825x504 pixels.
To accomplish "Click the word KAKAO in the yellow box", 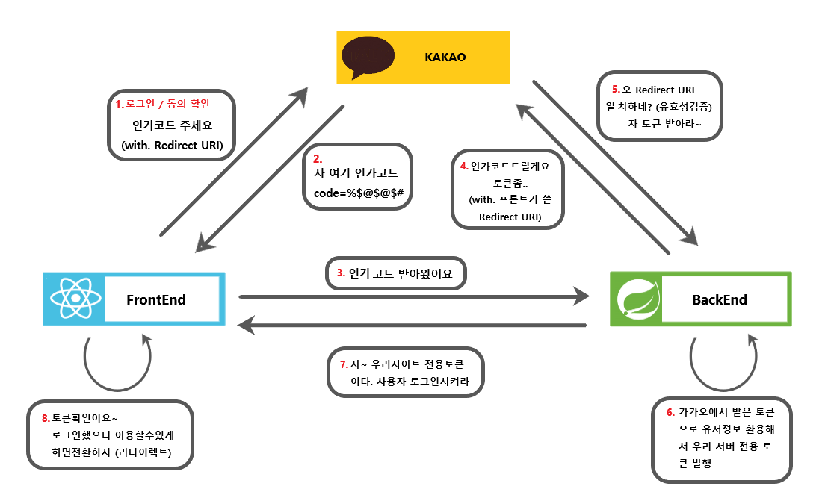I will [445, 57].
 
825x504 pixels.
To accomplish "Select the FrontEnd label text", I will [156, 300].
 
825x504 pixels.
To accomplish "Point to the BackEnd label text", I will [720, 300].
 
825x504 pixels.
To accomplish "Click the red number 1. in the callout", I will [119, 103].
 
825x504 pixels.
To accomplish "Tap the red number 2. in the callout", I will [318, 158].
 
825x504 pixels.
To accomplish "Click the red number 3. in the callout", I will [341, 273].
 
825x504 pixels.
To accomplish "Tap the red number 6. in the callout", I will [670, 412].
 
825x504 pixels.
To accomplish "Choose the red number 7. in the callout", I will [344, 364].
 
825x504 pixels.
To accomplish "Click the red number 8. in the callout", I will [46, 417].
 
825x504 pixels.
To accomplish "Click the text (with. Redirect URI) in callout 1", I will [172, 145].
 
